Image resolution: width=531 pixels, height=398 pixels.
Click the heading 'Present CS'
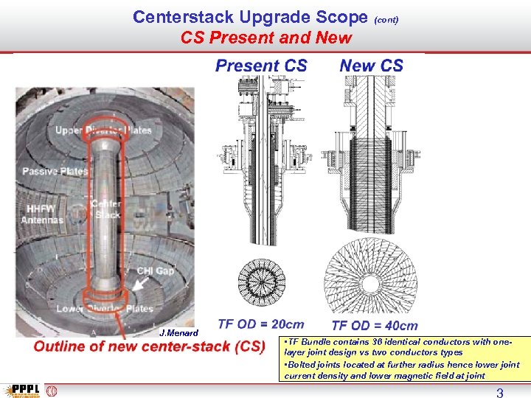point(261,66)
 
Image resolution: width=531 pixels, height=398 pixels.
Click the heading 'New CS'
point(372,66)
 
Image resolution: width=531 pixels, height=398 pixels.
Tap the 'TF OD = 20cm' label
point(261,324)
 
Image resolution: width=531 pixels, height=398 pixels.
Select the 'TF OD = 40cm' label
point(375,326)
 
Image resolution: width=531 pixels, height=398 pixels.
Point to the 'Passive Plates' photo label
point(55,171)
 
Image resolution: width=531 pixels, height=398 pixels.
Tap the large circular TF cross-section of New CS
point(371,276)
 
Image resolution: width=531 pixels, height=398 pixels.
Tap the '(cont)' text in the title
point(386,20)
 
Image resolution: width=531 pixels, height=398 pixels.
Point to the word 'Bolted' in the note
point(304,364)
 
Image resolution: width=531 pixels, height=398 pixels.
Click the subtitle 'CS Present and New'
point(266,38)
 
